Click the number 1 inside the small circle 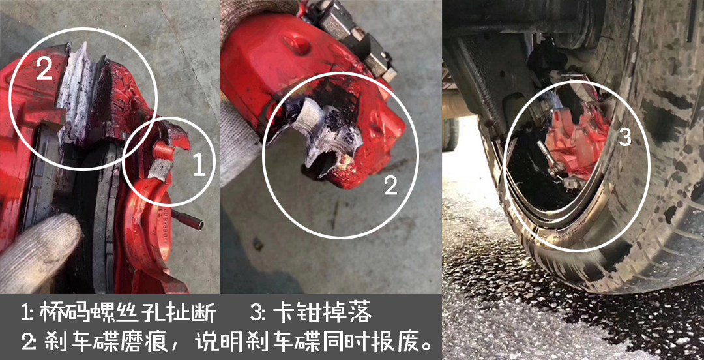pos(198,166)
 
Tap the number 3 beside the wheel pos(625,137)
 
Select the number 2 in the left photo pos(44,68)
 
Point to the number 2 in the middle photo pos(390,185)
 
